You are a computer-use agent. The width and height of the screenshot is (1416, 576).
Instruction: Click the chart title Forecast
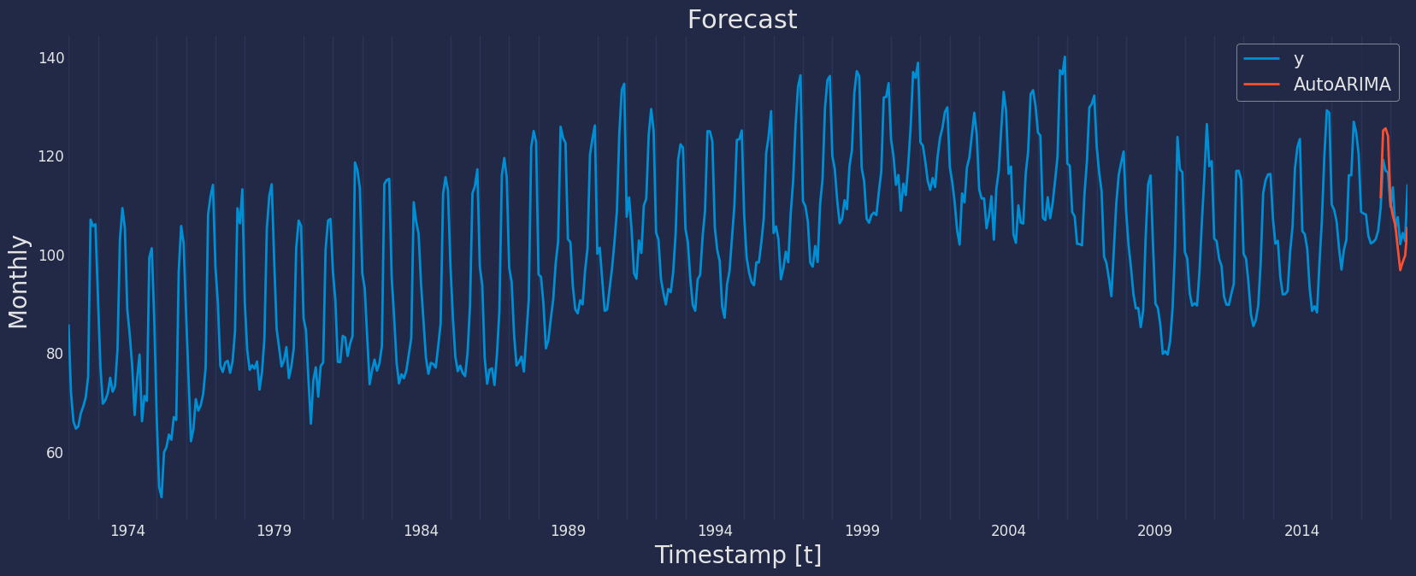[x=742, y=20]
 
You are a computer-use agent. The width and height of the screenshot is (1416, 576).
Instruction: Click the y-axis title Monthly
[x=18, y=282]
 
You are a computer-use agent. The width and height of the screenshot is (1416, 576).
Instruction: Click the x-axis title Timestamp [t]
[x=738, y=555]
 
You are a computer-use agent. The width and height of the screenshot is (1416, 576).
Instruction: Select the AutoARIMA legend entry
[x=1342, y=84]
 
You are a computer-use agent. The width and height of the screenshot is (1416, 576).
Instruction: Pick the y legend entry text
[x=1298, y=59]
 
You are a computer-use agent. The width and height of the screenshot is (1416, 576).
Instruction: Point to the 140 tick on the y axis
[x=51, y=58]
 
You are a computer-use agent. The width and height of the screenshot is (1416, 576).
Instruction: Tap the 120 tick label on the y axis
[x=51, y=156]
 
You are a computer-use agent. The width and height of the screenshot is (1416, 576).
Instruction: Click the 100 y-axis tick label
[x=51, y=256]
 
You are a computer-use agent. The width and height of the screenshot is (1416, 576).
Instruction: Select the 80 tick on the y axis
[x=55, y=354]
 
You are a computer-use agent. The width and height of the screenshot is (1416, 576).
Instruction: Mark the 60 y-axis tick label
[x=55, y=452]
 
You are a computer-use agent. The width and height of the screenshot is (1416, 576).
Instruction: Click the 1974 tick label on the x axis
[x=127, y=531]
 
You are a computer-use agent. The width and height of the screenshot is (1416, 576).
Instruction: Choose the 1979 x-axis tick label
[x=274, y=531]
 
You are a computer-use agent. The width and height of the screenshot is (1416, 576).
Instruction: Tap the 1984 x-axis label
[x=421, y=531]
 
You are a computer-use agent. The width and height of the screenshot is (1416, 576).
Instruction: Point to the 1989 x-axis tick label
[x=569, y=531]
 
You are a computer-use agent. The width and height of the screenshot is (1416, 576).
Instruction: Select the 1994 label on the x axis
[x=715, y=531]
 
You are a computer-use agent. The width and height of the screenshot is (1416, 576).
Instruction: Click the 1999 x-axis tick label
[x=862, y=531]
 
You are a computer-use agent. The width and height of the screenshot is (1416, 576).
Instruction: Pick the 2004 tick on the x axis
[x=1008, y=531]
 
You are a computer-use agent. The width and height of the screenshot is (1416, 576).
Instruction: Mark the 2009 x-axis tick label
[x=1155, y=531]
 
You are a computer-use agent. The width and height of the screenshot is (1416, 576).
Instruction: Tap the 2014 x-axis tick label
[x=1301, y=531]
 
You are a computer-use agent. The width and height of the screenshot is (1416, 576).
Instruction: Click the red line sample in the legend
[x=1262, y=84]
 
